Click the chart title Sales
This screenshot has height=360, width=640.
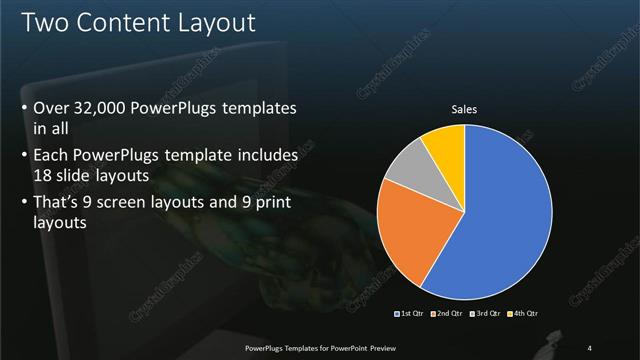(465, 108)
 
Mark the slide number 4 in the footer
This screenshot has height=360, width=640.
(590, 349)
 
